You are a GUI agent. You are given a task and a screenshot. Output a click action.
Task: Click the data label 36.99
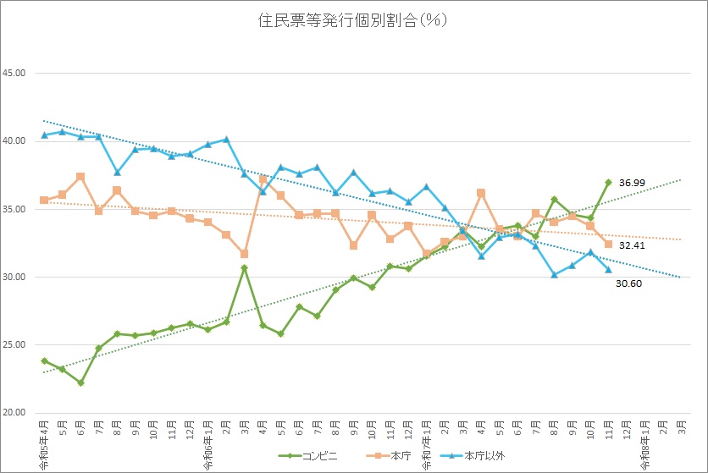[632, 182]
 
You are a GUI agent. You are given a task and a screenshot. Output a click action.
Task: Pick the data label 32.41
[632, 245]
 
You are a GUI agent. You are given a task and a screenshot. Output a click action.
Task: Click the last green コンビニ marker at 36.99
[608, 182]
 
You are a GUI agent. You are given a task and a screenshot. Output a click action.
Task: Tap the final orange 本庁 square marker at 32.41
[608, 244]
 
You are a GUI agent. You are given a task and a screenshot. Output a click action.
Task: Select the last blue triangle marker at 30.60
[608, 269]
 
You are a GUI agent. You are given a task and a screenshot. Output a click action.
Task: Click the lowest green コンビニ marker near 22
[80, 382]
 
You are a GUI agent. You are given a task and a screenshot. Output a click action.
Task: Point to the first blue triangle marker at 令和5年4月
[44, 135]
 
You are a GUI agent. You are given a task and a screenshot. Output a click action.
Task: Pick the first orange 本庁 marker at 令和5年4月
[44, 200]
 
